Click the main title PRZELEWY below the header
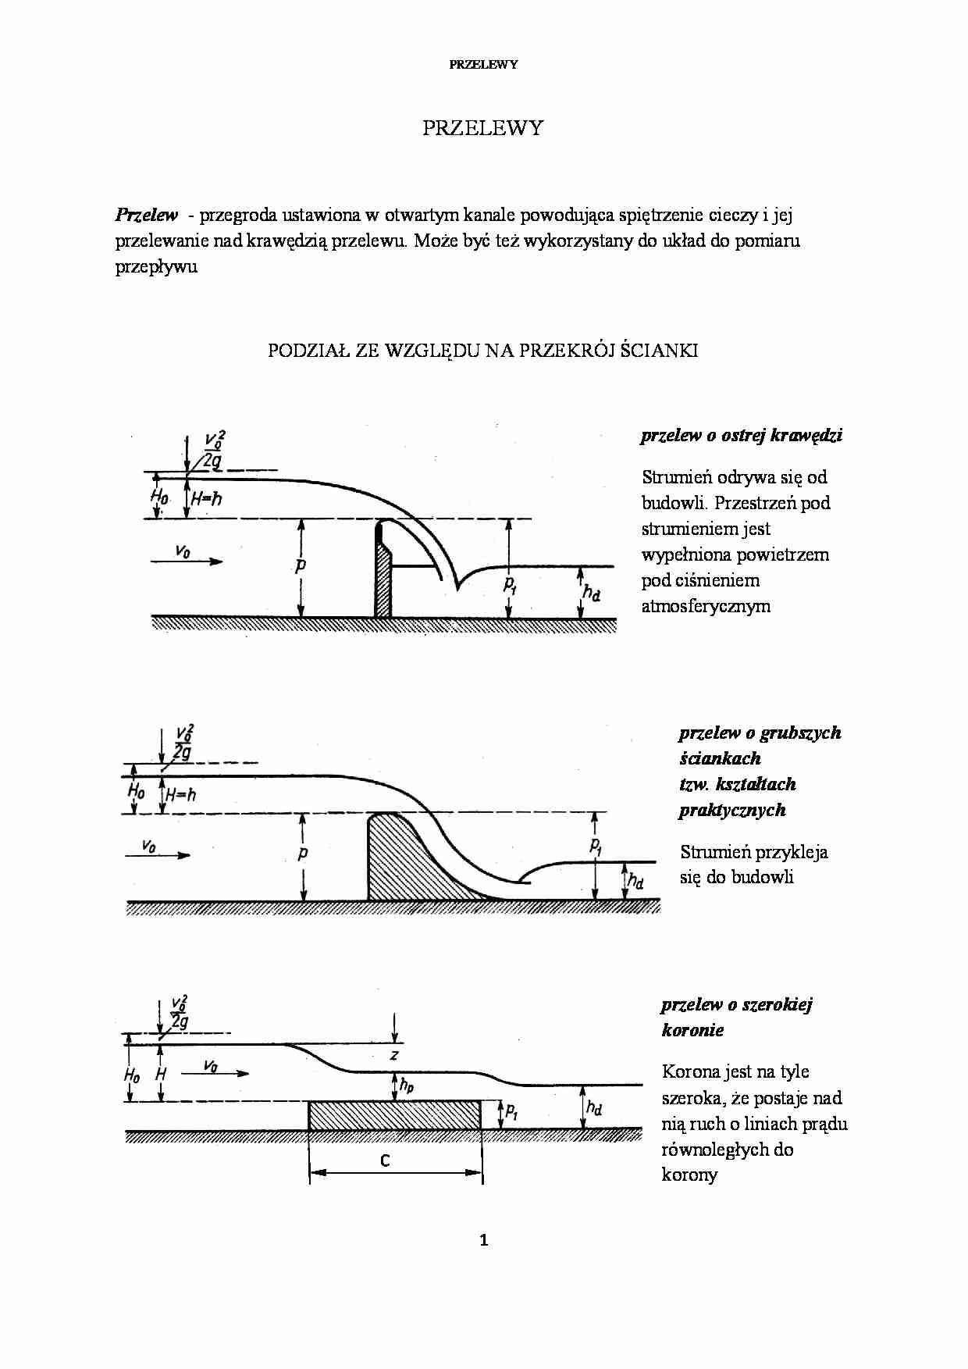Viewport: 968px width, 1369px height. coord(482,128)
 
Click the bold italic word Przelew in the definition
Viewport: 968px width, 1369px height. coord(146,215)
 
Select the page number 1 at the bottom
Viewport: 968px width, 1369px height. coord(484,1239)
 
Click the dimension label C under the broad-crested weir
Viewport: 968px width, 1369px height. coord(385,1160)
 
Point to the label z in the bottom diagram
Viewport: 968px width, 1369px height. coord(394,1055)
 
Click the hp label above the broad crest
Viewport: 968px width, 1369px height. coord(406,1085)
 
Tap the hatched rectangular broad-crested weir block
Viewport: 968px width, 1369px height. coord(395,1115)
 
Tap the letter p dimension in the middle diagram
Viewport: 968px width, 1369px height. coord(303,853)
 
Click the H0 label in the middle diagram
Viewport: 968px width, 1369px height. coord(136,792)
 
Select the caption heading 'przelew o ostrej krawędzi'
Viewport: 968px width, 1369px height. coord(741,436)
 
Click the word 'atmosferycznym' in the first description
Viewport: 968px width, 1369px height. coord(706,606)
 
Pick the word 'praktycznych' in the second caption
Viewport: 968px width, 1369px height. coord(731,810)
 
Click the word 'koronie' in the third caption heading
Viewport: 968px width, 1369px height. coord(692,1030)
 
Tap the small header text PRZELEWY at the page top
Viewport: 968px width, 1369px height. coord(483,65)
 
